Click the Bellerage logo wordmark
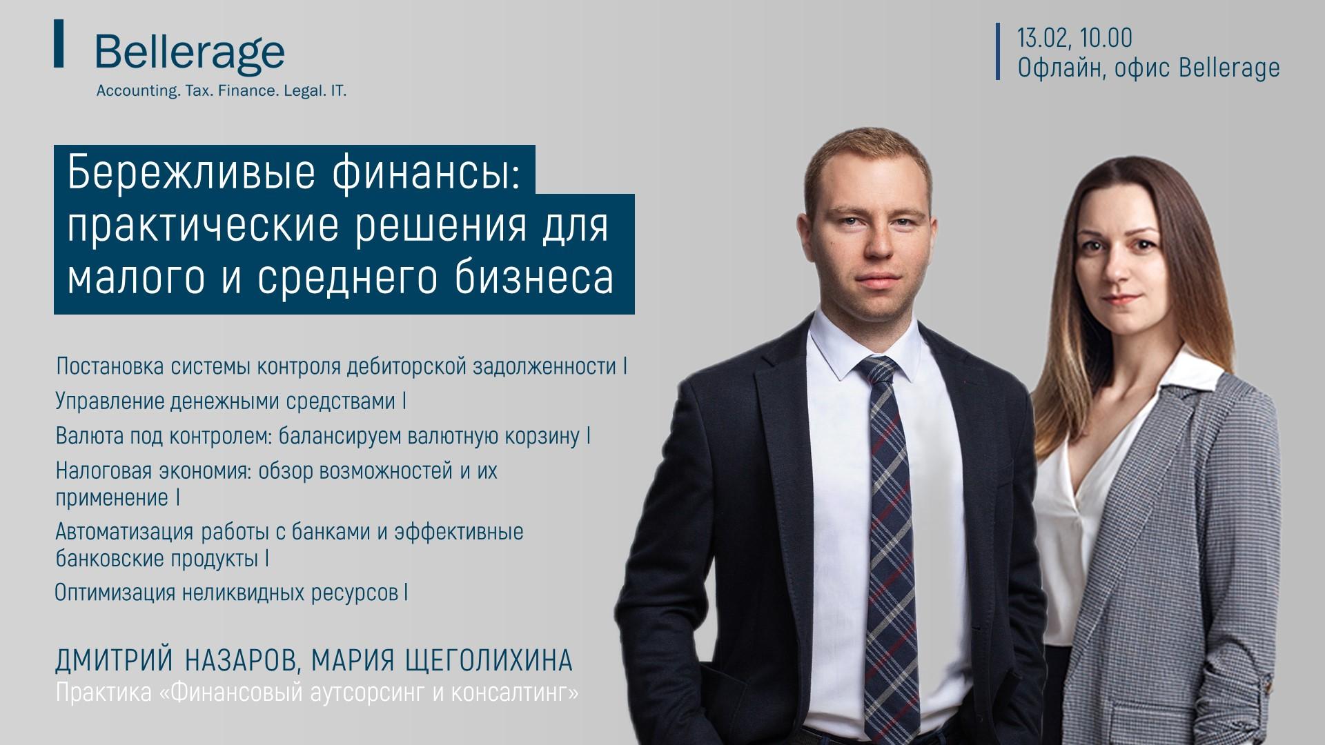coord(190,52)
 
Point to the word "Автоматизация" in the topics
coord(126,533)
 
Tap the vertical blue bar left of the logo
coord(59,43)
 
